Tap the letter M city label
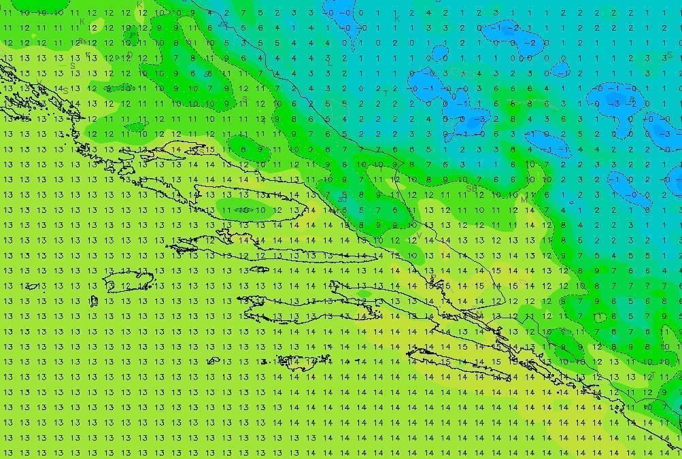point(524,201)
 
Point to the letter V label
point(419,235)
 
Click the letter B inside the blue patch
point(632,99)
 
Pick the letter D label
point(130,55)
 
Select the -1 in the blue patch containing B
point(613,89)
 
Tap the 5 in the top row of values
point(260,13)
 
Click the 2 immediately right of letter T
point(395,89)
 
